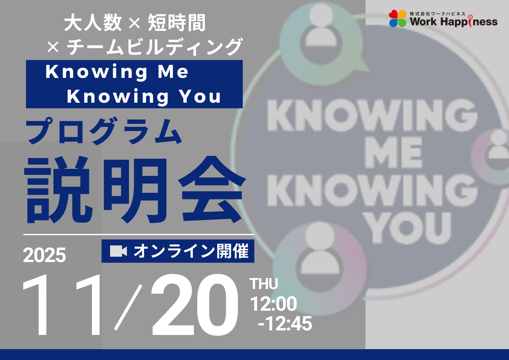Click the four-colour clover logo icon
point(397,19)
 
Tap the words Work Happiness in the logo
point(454,22)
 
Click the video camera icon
point(118,251)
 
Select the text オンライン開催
point(191,251)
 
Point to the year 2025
point(45,255)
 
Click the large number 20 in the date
point(195,305)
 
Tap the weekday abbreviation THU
point(264,284)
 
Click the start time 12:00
point(273,304)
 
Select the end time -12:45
point(285,324)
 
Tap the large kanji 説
point(59,190)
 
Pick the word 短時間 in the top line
point(177,23)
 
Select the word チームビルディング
point(154,46)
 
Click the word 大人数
point(93,23)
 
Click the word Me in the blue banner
point(173,72)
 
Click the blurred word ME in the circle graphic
point(394,152)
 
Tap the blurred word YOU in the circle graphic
point(407,228)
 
